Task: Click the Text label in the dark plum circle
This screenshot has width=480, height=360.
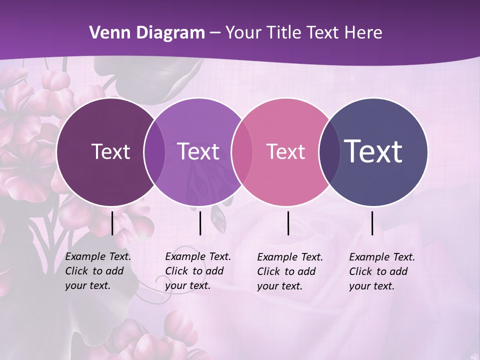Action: pos(110,151)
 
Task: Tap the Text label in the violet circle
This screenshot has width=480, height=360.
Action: pos(198,151)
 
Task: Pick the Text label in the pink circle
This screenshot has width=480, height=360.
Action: pos(285,151)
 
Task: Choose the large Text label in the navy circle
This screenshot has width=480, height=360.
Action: pos(373,151)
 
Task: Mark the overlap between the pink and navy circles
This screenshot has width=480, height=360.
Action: pos(328,151)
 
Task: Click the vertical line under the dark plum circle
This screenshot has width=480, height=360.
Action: pos(112,223)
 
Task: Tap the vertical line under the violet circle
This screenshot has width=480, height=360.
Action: pos(200,223)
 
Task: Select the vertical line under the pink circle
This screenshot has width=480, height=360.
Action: pos(288,223)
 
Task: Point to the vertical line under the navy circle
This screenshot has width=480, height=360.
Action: pos(372,223)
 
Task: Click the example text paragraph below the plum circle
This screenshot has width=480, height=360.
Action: pos(98,271)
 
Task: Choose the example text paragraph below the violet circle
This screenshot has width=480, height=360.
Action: pos(198,271)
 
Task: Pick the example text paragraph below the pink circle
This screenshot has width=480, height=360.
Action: pos(290,271)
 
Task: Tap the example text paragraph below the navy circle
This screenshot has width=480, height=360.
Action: pos(382,271)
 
